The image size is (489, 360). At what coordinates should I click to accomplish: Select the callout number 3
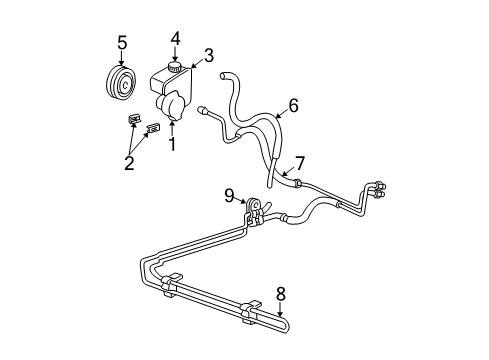[x=210, y=56]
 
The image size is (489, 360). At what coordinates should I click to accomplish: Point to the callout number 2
[x=129, y=163]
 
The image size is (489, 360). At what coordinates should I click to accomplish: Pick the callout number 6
[x=294, y=103]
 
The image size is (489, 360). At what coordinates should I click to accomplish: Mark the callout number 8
[x=281, y=295]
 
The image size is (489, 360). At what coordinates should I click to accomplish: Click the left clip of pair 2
[x=133, y=121]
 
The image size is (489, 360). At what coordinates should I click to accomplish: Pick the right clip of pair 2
[x=153, y=130]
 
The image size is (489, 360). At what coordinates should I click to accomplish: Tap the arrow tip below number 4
[x=175, y=62]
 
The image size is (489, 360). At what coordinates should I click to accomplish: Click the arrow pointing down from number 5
[x=122, y=64]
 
